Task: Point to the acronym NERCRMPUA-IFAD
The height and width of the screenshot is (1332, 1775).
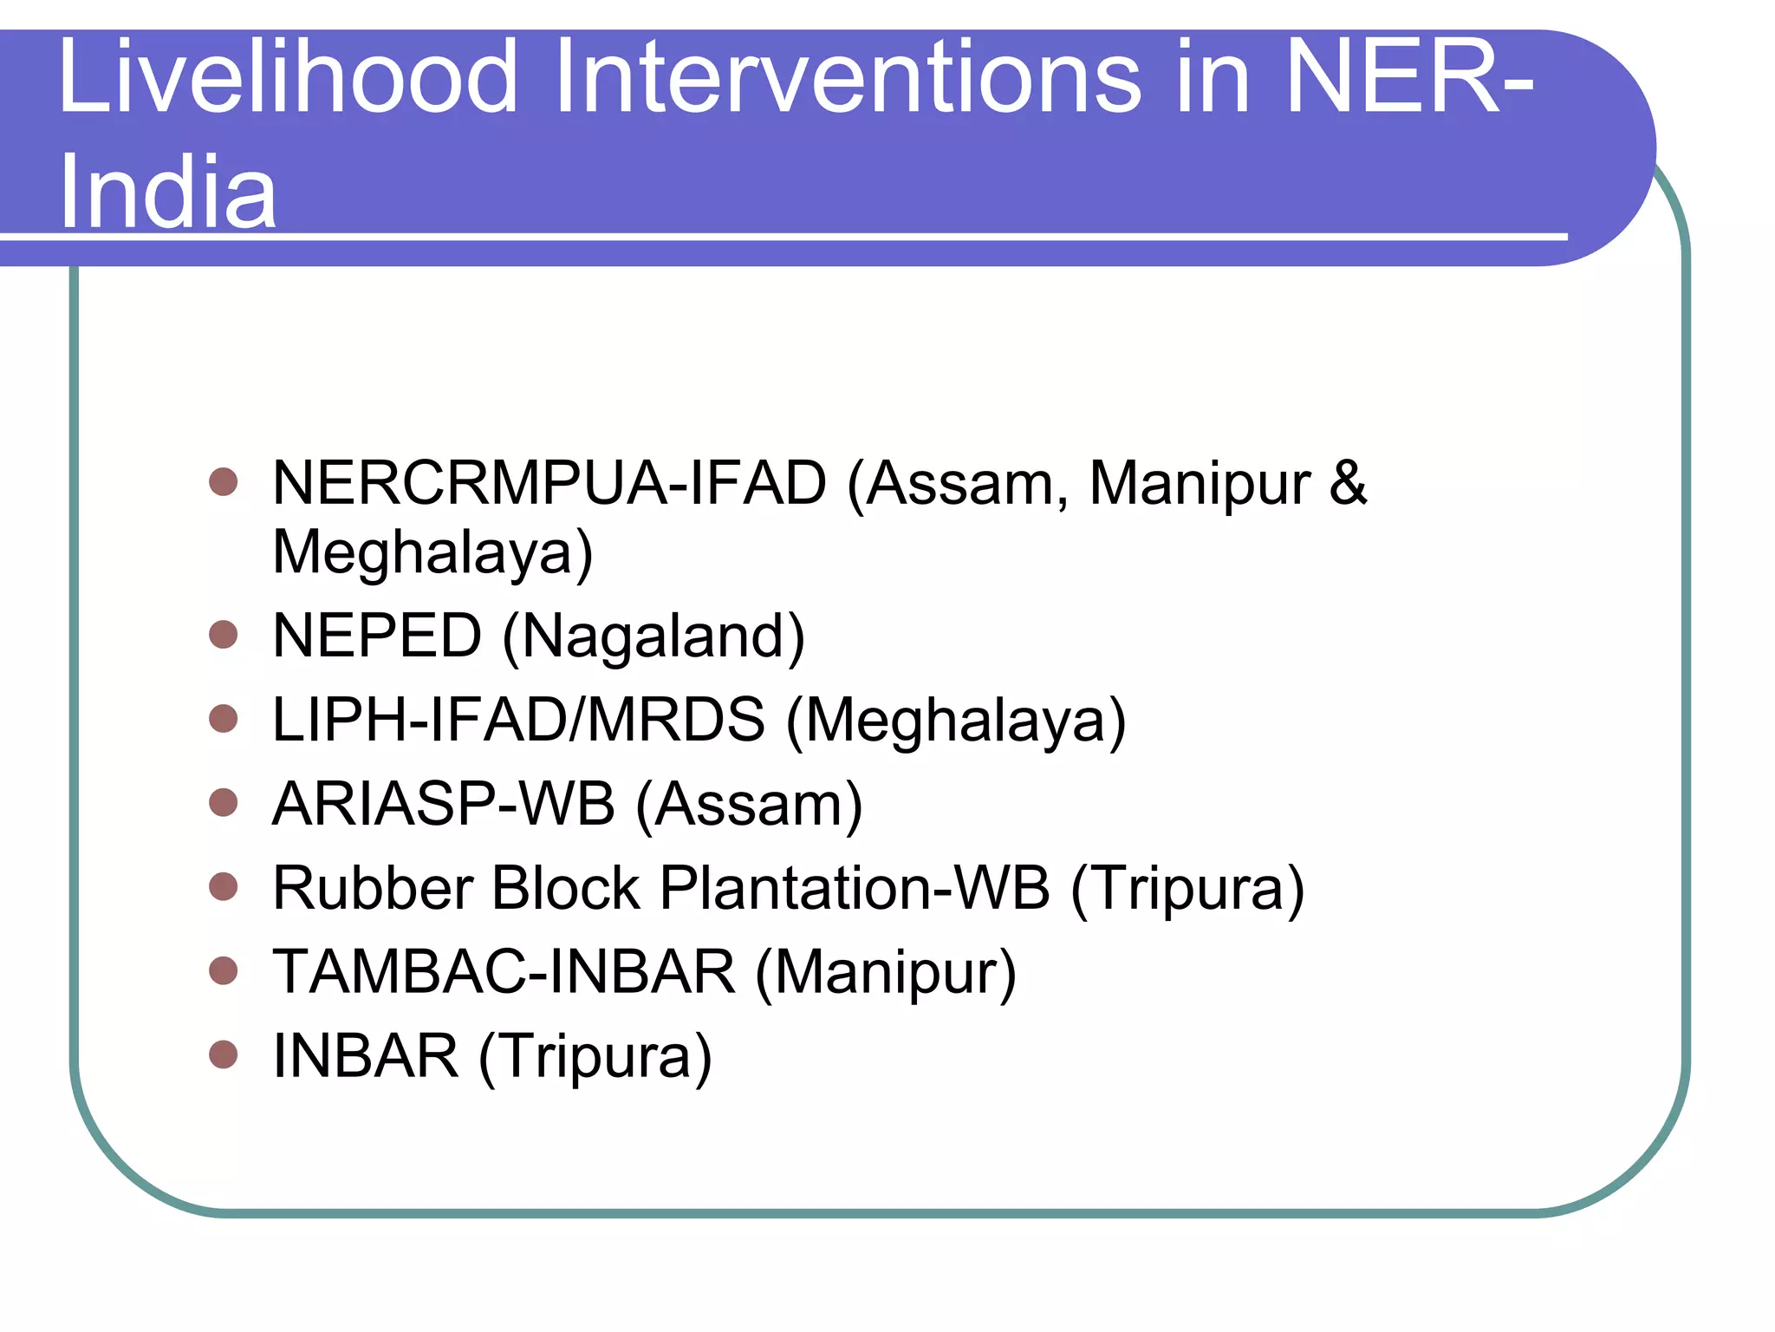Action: click(549, 483)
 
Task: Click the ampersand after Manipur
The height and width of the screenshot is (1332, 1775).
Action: click(1348, 483)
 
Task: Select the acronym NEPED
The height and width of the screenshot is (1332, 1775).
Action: click(377, 636)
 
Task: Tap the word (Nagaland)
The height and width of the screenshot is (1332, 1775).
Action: click(654, 637)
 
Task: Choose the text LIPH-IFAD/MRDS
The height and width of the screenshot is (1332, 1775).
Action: click(518, 720)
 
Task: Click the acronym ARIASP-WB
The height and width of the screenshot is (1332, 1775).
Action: click(444, 804)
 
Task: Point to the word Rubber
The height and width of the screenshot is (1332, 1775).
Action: click(373, 888)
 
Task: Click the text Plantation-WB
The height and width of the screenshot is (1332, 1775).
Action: click(855, 888)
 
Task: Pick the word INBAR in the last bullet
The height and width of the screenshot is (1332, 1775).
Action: click(366, 1056)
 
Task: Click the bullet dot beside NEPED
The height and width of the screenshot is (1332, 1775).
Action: click(224, 635)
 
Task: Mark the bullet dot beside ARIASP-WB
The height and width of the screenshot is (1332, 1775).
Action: click(224, 803)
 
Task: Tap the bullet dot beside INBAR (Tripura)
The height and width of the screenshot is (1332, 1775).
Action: click(224, 1055)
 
